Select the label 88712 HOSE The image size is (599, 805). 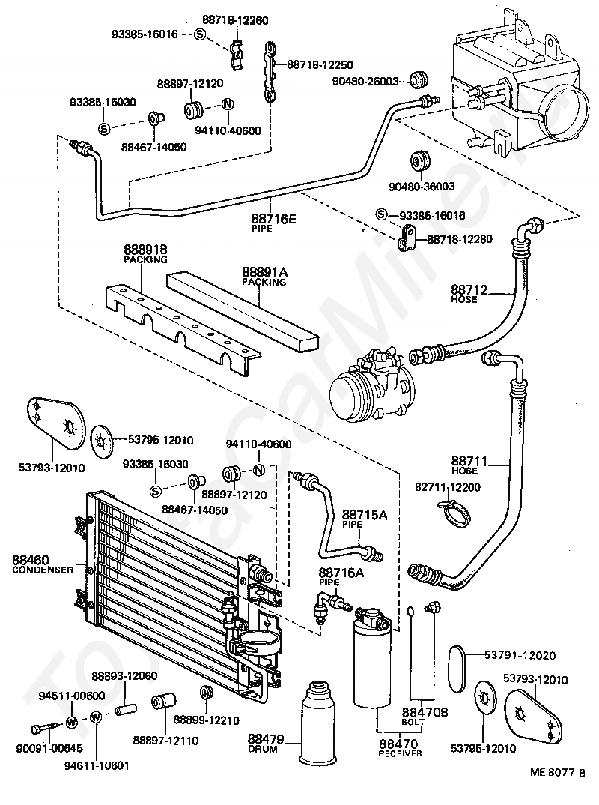(469, 292)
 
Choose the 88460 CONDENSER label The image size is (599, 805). (42, 564)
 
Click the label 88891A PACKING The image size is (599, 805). (264, 277)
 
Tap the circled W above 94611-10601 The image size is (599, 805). (96, 717)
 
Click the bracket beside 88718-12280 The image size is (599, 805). (406, 238)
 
